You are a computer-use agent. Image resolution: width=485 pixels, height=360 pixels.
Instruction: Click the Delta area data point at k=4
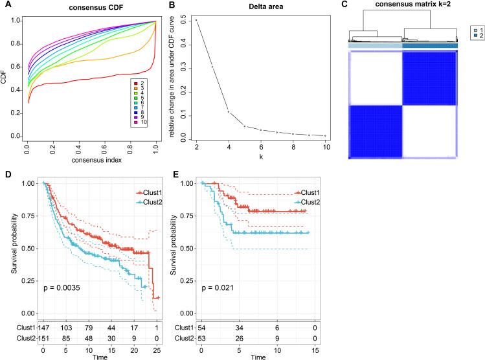pos(228,111)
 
